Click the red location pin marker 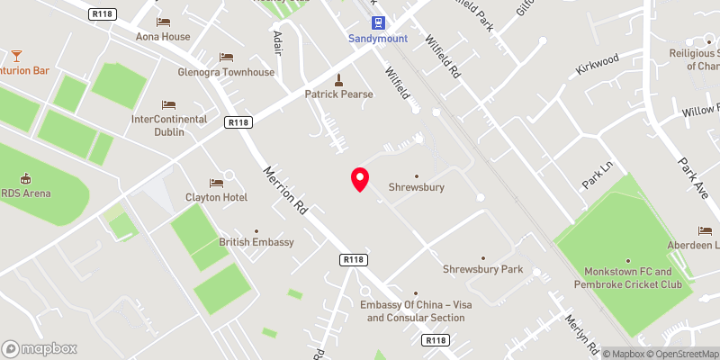pyautogui.click(x=360, y=179)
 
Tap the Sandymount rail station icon pyautogui.click(x=377, y=23)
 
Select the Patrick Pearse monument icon pyautogui.click(x=338, y=79)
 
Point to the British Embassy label pyautogui.click(x=256, y=242)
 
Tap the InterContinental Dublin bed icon pyautogui.click(x=169, y=104)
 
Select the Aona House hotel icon pyautogui.click(x=163, y=22)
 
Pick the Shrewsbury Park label pyautogui.click(x=482, y=269)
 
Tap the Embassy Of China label pyautogui.click(x=415, y=311)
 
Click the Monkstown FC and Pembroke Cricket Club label pyautogui.click(x=626, y=278)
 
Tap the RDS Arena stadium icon pyautogui.click(x=25, y=178)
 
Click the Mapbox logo pyautogui.click(x=40, y=348)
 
